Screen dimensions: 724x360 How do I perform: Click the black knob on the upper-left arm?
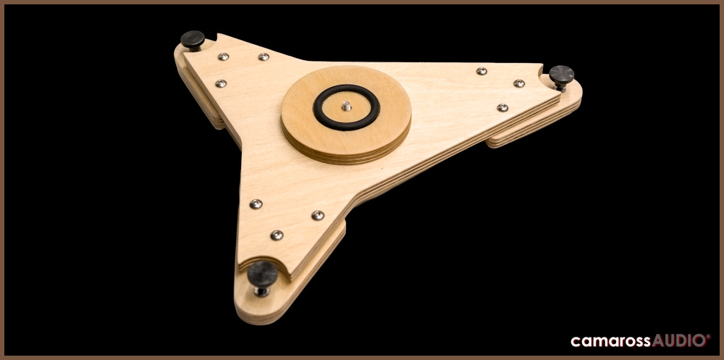pyautogui.click(x=193, y=38)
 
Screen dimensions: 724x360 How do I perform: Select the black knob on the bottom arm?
pyautogui.click(x=262, y=273)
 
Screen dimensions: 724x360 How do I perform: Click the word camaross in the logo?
pyautogui.click(x=611, y=341)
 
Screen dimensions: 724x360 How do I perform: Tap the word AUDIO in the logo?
pyautogui.click(x=679, y=340)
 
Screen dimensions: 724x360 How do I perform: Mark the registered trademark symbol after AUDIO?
pyautogui.click(x=708, y=336)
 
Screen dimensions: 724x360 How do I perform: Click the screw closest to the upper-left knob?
pyautogui.click(x=224, y=56)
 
